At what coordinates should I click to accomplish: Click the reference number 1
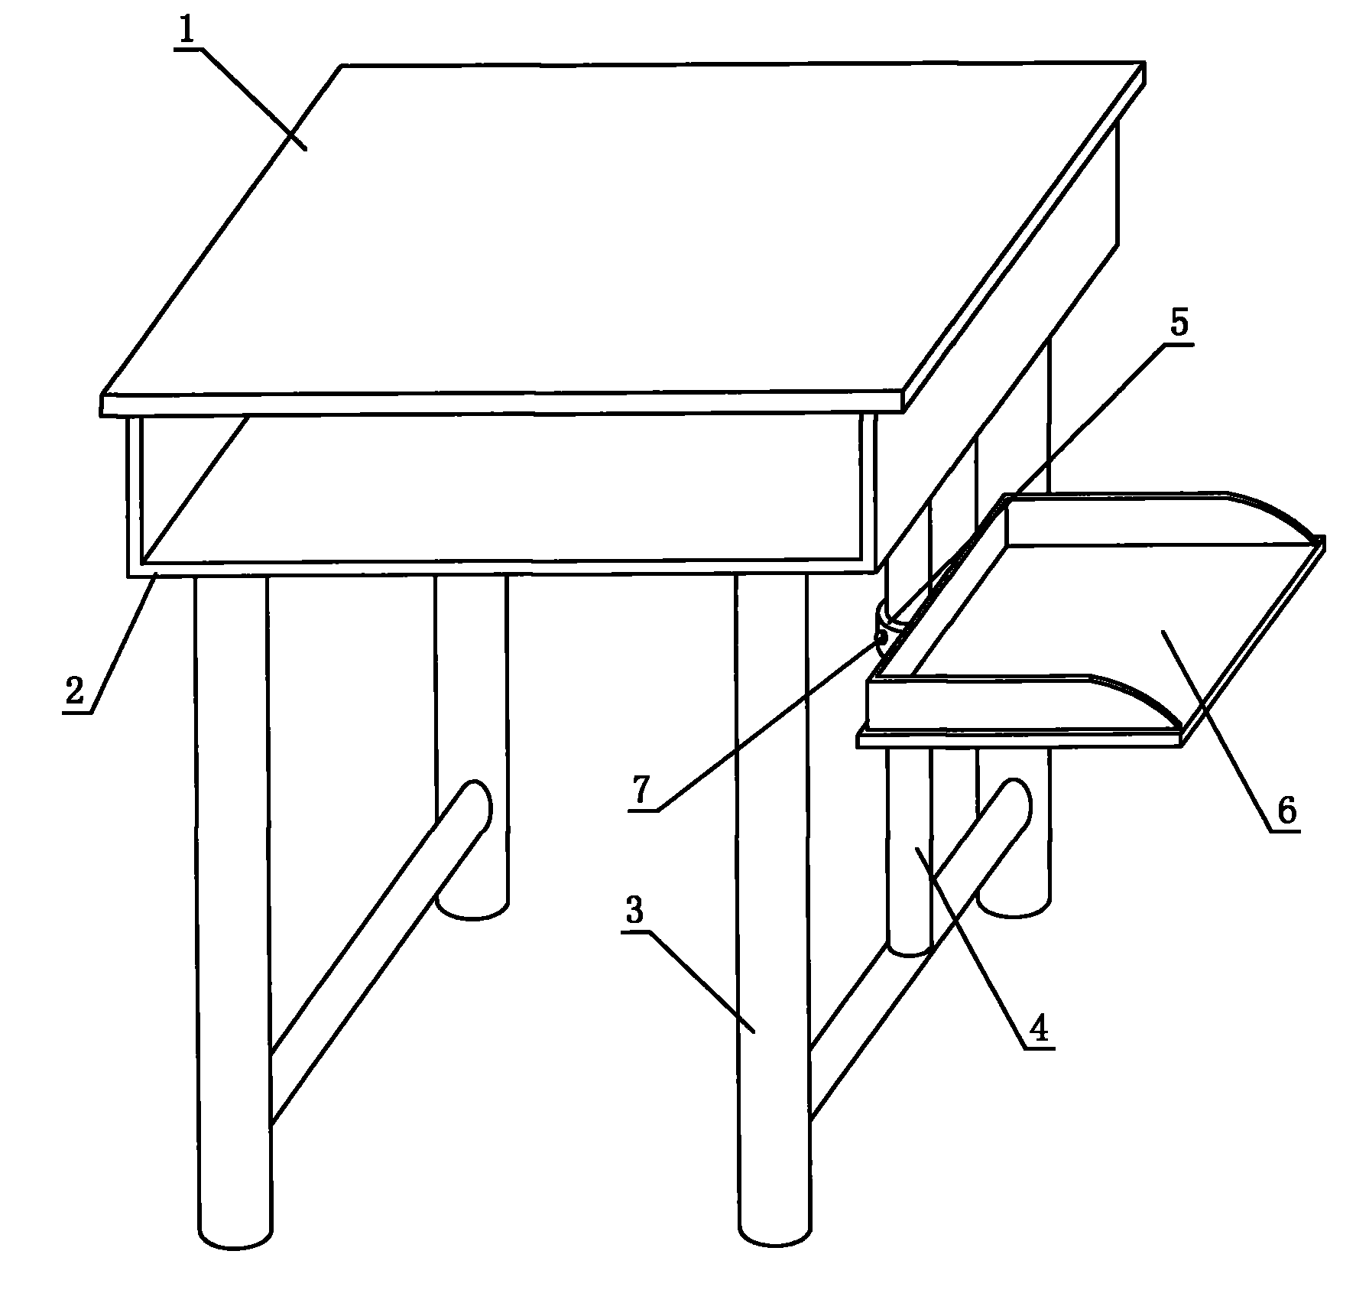point(187,31)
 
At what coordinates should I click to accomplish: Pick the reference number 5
point(1179,323)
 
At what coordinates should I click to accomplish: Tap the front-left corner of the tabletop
point(102,405)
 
